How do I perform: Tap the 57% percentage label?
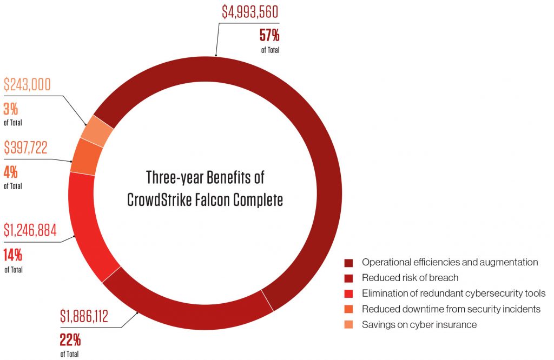coord(269,37)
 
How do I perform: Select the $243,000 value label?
coord(27,85)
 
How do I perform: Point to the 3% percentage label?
coord(11,110)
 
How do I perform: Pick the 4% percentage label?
coord(11,172)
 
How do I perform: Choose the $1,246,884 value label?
coord(30,231)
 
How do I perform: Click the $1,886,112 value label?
coord(84,316)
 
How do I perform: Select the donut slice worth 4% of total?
coord(84,157)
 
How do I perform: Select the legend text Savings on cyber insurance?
coord(419,325)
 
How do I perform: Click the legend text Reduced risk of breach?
coord(410,278)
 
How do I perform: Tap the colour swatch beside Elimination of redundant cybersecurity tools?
coord(349,294)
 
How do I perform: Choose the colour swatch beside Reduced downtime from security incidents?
coord(349,309)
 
